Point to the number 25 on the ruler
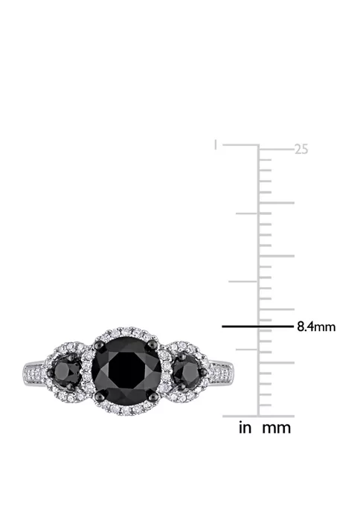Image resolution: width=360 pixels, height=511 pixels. [x=300, y=150]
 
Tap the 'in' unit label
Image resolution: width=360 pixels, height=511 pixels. [x=245, y=428]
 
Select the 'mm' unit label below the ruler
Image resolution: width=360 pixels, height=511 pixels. [x=276, y=428]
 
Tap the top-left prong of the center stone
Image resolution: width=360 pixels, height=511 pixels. [x=97, y=343]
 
